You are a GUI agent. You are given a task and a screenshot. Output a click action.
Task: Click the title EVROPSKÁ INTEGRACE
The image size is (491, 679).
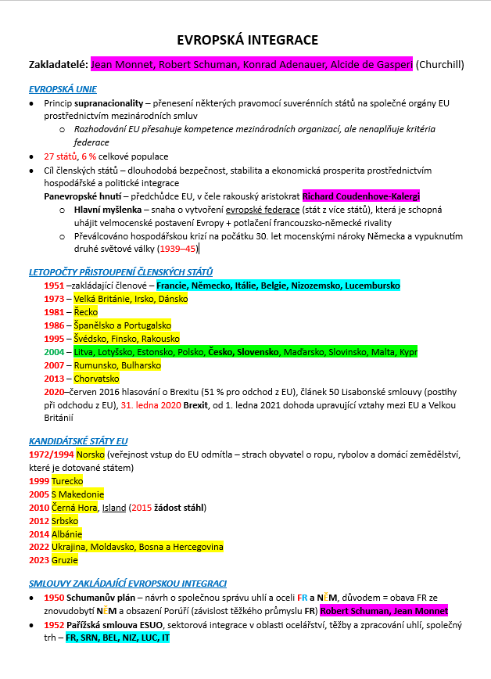tap(247, 40)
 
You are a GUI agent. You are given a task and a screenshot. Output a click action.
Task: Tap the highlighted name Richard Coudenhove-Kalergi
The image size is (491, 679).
tap(361, 196)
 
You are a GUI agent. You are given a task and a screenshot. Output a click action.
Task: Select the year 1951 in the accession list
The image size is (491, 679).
tap(54, 286)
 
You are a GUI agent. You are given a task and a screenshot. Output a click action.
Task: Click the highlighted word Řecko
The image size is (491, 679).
tap(86, 311)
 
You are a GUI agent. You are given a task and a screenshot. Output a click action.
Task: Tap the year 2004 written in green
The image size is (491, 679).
tap(54, 352)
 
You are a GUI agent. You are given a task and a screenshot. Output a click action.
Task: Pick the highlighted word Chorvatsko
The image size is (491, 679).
tap(101, 378)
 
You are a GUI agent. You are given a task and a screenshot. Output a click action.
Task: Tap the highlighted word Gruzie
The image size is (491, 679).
tap(66, 560)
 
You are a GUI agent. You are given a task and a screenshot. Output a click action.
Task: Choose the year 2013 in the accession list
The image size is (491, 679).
tap(54, 378)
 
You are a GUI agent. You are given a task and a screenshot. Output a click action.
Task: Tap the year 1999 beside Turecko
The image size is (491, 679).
tap(38, 480)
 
